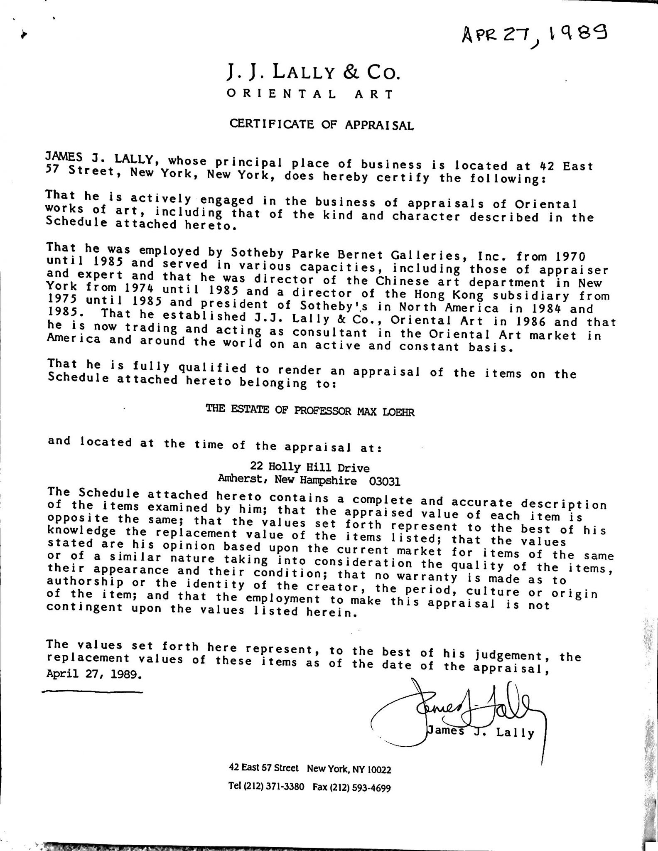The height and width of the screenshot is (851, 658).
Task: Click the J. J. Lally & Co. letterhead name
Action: [x=314, y=73]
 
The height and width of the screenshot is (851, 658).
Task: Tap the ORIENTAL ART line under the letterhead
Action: [x=309, y=94]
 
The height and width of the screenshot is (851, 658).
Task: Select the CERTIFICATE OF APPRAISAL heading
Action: [x=322, y=124]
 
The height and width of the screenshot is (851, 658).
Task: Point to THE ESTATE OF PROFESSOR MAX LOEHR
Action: [x=310, y=411]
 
